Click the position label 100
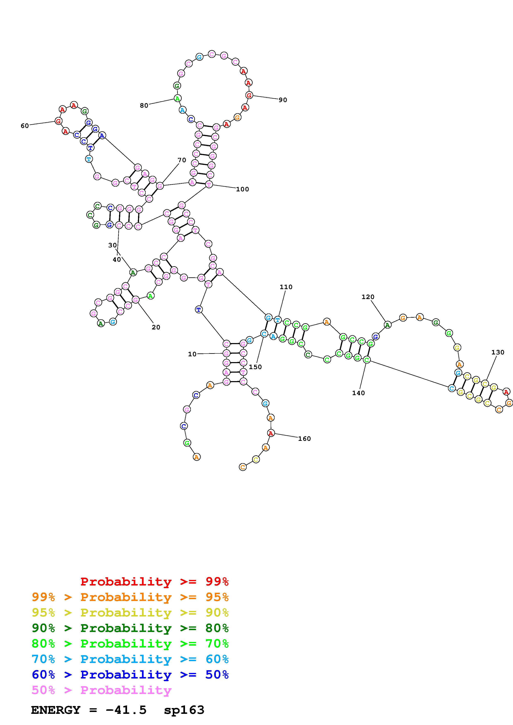click(x=243, y=189)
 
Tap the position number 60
click(x=25, y=126)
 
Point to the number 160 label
click(x=304, y=439)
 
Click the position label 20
click(x=156, y=327)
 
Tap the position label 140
click(x=358, y=393)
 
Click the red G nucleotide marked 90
click(x=249, y=95)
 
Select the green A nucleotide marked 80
click(x=178, y=99)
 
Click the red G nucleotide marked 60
click(x=58, y=121)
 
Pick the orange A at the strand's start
click(x=197, y=457)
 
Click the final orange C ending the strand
click(x=243, y=467)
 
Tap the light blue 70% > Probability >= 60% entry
click(x=130, y=659)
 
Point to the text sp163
click(x=184, y=710)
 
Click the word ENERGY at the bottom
click(x=56, y=710)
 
